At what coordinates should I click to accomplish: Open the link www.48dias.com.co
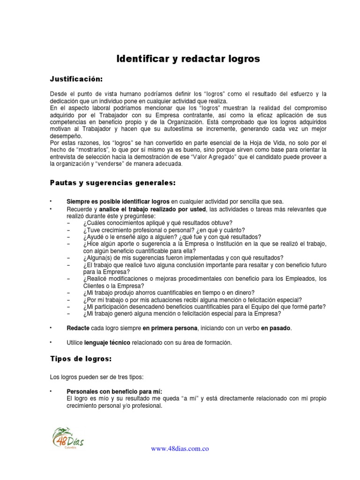pyautogui.click(x=180, y=449)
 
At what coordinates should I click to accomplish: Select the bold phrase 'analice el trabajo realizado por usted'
pyautogui.click(x=153, y=209)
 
